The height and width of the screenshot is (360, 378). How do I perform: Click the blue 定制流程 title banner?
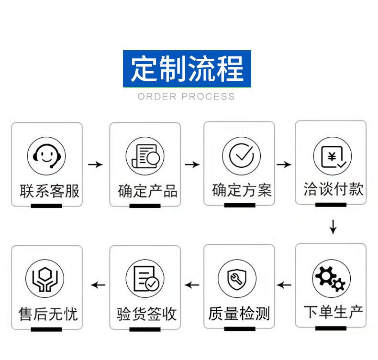point(187,69)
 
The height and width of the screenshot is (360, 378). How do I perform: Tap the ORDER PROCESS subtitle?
point(186,97)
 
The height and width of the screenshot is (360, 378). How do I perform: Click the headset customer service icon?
point(46,156)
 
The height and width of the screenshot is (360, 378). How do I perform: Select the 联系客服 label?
point(49,191)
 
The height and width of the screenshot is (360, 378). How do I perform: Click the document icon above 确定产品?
point(145,156)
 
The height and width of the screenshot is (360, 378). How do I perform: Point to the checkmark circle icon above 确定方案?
point(241,156)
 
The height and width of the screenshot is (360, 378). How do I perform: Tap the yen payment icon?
point(333,156)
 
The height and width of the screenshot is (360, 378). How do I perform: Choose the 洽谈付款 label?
point(334,189)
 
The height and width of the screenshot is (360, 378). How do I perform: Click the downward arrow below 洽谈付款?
point(333,227)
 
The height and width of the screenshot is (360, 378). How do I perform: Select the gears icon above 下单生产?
point(332,278)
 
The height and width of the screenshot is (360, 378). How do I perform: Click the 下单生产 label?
point(334,312)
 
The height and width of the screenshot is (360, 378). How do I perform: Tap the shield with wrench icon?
point(237,279)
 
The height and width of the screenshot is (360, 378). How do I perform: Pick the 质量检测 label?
point(239,314)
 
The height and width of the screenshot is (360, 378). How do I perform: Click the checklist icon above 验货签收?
point(145,279)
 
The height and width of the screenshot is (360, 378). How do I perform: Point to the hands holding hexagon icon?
point(45,279)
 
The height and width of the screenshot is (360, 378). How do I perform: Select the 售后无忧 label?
point(48,314)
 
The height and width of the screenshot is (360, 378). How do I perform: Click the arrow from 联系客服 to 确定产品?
point(95,165)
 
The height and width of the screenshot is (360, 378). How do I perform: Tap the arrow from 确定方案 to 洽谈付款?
point(284,165)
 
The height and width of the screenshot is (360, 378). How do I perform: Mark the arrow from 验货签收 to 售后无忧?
point(98,285)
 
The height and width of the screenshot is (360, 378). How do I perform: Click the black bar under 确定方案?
point(240,205)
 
